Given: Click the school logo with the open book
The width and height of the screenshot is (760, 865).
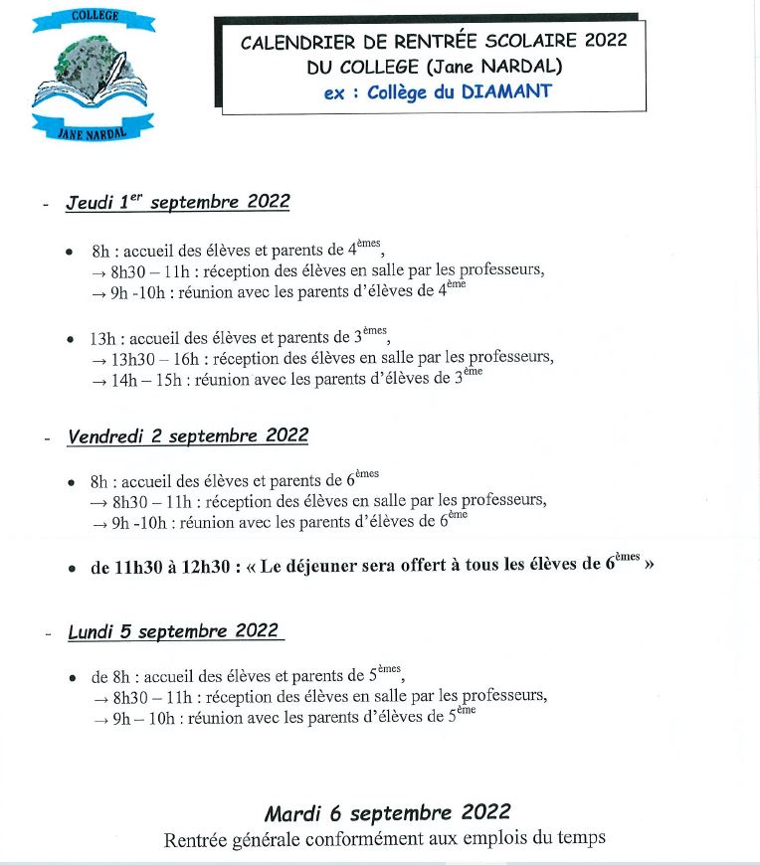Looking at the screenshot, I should coord(94,76).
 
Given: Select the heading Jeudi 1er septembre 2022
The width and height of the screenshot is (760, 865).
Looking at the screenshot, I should coord(178,202).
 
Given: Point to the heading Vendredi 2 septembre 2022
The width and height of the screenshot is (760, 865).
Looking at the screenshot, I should coord(188,435).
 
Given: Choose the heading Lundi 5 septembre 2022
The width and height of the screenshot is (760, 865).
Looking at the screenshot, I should coord(174,631).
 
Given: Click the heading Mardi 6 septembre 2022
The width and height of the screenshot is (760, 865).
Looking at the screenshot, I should coord(387,810).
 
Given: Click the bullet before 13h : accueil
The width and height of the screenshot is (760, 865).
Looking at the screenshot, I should coord(70,339).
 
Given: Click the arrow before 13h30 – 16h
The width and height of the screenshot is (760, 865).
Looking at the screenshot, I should coord(98,359).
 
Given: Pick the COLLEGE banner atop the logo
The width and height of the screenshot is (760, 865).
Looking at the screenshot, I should coord(94,17).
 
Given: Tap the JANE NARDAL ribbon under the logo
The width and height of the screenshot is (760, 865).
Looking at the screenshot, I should coord(94,126).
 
